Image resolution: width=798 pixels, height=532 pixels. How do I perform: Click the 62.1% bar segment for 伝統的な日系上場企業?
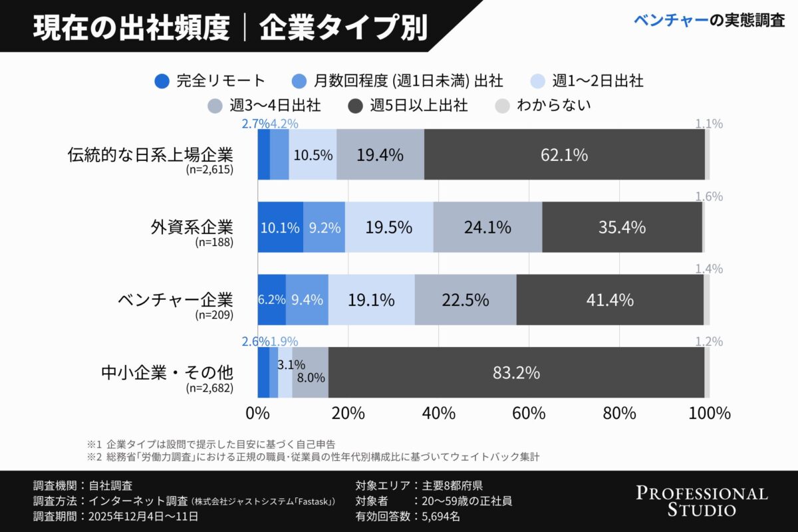click(564, 155)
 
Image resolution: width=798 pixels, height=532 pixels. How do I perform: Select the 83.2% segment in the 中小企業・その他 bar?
click(516, 373)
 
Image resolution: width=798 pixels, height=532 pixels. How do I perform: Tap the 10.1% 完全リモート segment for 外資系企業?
click(280, 227)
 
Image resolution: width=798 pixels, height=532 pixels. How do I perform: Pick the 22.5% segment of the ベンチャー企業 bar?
click(465, 300)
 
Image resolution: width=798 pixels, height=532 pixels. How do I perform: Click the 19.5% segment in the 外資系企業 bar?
click(389, 227)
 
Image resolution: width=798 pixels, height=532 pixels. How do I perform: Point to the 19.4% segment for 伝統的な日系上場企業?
click(380, 155)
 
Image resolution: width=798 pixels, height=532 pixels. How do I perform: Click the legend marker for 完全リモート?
click(162, 81)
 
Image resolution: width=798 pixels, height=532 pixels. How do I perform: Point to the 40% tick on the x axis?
click(438, 413)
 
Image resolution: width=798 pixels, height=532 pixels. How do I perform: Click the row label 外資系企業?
click(192, 226)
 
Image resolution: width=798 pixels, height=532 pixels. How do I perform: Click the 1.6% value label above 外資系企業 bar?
click(709, 197)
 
